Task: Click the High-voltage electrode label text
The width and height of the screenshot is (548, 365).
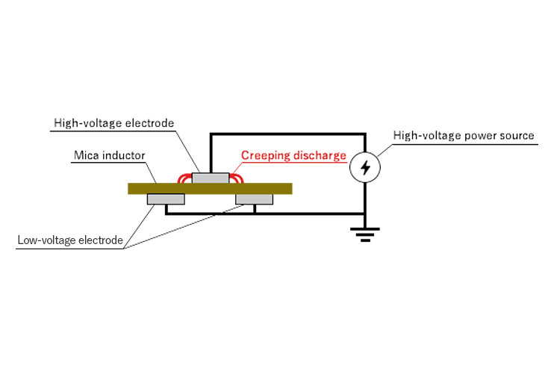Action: click(x=113, y=123)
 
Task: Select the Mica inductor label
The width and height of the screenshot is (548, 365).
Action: click(x=108, y=156)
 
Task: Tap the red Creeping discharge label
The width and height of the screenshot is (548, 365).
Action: click(x=293, y=156)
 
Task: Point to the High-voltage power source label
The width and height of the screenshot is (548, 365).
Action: click(x=464, y=136)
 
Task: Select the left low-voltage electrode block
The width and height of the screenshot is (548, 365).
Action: click(x=166, y=199)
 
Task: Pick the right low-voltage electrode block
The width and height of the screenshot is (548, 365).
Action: click(x=255, y=199)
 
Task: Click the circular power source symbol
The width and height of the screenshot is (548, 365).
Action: click(x=364, y=169)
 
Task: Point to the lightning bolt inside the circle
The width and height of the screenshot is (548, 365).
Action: click(x=364, y=169)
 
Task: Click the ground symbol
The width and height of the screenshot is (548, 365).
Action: click(x=364, y=234)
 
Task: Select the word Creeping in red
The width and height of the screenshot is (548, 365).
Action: click(x=265, y=156)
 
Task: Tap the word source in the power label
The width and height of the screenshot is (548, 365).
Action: click(x=517, y=136)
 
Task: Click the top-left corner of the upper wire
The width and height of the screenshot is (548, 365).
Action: click(x=211, y=134)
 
